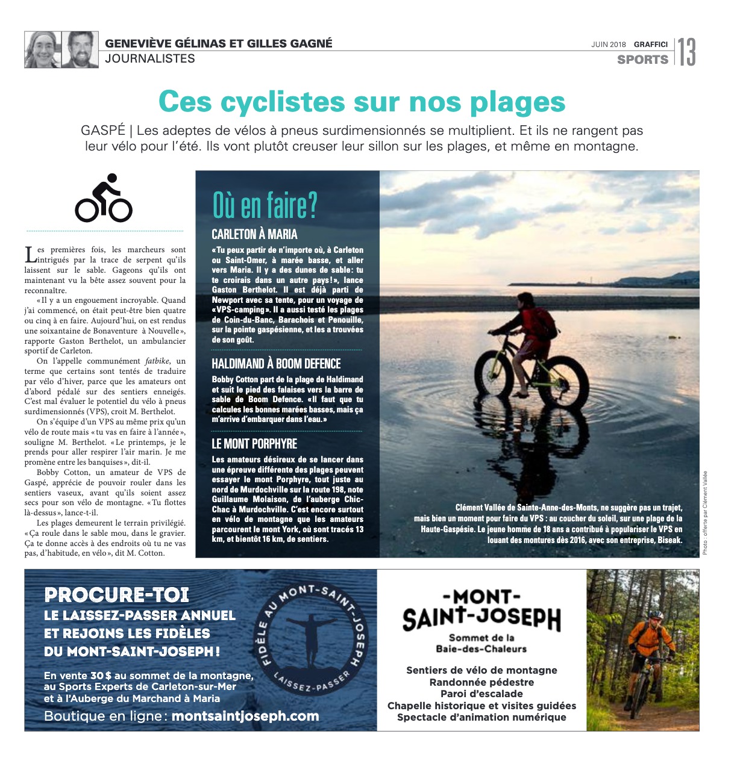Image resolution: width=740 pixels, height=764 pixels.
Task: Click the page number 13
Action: pyautogui.click(x=687, y=52)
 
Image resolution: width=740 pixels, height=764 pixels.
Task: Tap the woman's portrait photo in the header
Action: pyautogui.click(x=42, y=50)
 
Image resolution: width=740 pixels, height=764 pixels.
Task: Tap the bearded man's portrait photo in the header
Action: pyautogui.click(x=80, y=50)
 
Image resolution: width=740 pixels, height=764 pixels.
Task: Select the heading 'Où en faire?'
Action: pyautogui.click(x=265, y=206)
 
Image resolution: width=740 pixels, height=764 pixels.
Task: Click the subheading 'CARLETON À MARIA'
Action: pyautogui.click(x=254, y=234)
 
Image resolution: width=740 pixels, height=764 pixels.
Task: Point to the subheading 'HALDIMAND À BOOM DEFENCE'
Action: pyautogui.click(x=276, y=364)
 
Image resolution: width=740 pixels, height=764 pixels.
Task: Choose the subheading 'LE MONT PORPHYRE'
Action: pyautogui.click(x=254, y=444)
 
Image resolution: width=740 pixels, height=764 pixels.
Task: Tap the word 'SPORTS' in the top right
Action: pyautogui.click(x=642, y=60)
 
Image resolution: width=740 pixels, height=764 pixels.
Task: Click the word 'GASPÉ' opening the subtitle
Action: pyautogui.click(x=103, y=131)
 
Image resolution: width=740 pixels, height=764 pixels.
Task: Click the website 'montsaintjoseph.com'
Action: pyautogui.click(x=245, y=716)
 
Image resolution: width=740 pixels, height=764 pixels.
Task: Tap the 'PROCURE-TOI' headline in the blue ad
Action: pyautogui.click(x=117, y=595)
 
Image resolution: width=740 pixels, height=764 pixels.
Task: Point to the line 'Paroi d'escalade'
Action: pyautogui.click(x=481, y=694)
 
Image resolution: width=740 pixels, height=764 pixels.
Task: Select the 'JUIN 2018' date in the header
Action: pyautogui.click(x=609, y=45)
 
